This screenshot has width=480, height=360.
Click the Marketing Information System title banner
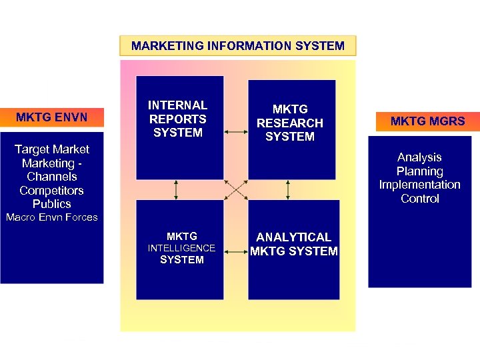[238, 46]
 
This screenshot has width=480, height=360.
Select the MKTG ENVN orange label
[51, 118]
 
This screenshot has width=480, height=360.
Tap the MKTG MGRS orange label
[427, 121]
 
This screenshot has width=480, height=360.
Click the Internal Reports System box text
[177, 119]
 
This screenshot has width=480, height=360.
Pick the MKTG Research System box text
[290, 123]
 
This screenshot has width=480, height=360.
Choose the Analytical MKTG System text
[294, 244]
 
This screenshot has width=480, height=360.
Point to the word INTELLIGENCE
[181, 248]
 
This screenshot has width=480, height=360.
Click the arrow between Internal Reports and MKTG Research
[235, 132]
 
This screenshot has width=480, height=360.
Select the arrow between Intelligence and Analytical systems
[235, 251]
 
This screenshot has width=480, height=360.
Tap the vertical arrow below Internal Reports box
[176, 190]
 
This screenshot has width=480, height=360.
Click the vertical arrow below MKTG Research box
[287, 190]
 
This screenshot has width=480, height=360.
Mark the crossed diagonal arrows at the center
[235, 190]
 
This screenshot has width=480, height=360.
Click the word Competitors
[51, 191]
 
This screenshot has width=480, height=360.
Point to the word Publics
[51, 204]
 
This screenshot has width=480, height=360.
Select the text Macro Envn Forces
[51, 217]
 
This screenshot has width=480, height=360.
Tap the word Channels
[51, 177]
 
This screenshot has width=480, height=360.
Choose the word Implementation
[419, 185]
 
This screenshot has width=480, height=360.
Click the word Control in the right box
[419, 199]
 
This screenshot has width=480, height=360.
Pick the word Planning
[419, 171]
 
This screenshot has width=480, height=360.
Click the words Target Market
[51, 149]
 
